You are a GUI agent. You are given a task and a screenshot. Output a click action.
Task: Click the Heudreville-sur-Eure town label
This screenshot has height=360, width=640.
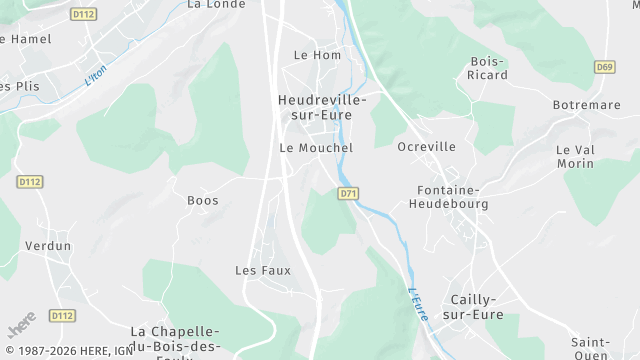pyautogui.click(x=322, y=109)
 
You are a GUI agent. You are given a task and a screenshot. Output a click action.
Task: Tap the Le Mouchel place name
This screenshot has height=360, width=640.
pyautogui.click(x=316, y=148)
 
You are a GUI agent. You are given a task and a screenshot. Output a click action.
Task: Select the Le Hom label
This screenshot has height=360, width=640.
pyautogui.click(x=317, y=55)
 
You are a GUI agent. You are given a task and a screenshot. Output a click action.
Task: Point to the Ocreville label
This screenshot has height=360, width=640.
pyautogui.click(x=426, y=147)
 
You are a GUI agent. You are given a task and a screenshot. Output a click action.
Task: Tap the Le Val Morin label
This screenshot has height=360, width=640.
pyautogui.click(x=575, y=156)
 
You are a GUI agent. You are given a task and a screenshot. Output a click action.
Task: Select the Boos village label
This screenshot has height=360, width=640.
pyautogui.click(x=203, y=200)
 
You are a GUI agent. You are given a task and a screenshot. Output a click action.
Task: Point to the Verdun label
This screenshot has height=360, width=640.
pyautogui.click(x=48, y=246)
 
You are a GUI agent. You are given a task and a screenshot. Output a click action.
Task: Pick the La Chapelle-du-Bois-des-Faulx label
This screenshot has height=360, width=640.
pyautogui.click(x=176, y=338)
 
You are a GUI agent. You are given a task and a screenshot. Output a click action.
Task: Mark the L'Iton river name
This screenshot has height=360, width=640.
pyautogui.click(x=94, y=76)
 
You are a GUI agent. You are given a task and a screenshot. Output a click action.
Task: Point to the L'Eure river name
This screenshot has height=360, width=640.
pyautogui.click(x=419, y=304)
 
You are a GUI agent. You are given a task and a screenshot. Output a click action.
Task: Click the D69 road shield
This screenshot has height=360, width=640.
pyautogui.click(x=603, y=67)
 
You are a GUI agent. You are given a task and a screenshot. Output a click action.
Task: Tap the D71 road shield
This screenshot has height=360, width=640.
pyautogui.click(x=348, y=194)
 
